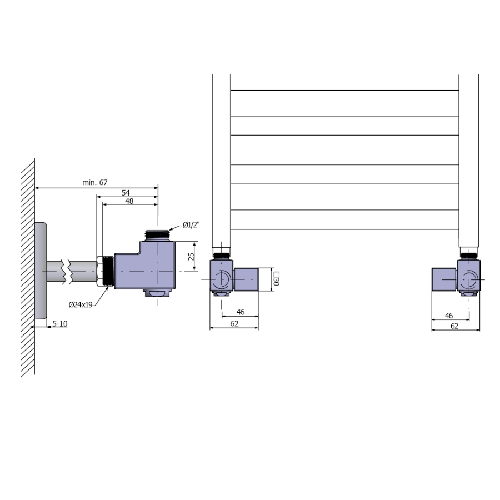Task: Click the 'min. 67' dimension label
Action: pos(95,182)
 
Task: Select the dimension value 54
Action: pos(126,193)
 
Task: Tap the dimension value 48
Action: pos(129,201)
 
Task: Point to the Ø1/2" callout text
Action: pos(191,225)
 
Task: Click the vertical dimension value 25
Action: pos(191,256)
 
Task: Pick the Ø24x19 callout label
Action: pos(81,304)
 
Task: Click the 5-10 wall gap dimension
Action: pos(60,324)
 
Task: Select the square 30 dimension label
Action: pos(276,278)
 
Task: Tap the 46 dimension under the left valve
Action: pos(241,312)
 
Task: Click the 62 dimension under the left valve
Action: pos(234,324)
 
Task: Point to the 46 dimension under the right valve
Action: pos(449,316)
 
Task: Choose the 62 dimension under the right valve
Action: pos(454,326)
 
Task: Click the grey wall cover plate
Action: pos(41,271)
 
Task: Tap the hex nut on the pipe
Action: pos(100,271)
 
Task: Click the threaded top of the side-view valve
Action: pos(158,236)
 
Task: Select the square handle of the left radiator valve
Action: pos(246,279)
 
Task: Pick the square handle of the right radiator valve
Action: pos(444,279)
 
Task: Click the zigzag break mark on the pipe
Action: pos(68,271)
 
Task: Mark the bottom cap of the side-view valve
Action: pos(158,293)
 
